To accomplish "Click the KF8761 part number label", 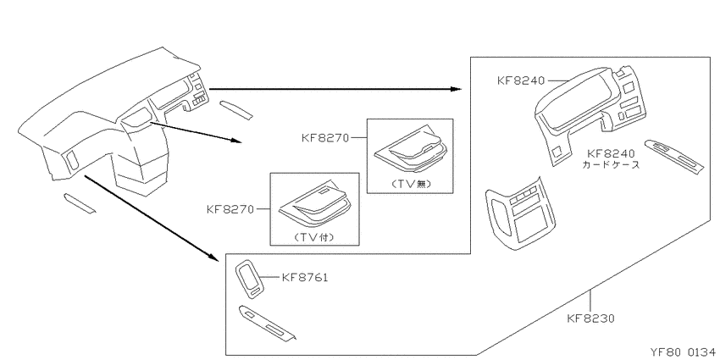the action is tap(304, 277).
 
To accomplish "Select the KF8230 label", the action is tap(590, 318).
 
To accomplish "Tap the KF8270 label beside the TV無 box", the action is tap(325, 137).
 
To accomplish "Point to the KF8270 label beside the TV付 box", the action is tap(230, 209).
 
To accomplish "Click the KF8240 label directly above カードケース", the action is tap(611, 154).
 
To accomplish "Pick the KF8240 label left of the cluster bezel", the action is tap(521, 80).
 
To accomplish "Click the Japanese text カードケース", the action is tap(611, 165).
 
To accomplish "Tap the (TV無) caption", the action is tap(410, 184).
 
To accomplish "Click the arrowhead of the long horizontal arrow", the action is tap(456, 89).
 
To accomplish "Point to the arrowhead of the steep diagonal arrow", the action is tap(213, 258).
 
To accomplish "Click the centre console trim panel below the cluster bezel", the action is tap(520, 213).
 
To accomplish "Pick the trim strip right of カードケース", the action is tap(673, 157).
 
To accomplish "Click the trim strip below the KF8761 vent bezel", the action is tap(267, 324).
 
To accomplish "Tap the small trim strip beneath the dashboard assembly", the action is tap(80, 203).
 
